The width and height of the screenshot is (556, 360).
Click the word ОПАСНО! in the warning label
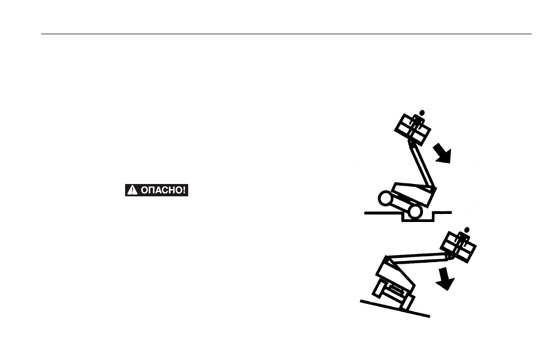(163, 190)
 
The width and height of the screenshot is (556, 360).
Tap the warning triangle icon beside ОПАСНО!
(132, 190)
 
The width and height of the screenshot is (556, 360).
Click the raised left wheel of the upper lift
(385, 198)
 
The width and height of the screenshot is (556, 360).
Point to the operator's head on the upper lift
(422, 113)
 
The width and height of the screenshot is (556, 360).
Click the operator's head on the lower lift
(467, 230)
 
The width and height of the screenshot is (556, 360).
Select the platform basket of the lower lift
(458, 247)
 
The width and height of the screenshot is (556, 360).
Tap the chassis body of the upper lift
(413, 194)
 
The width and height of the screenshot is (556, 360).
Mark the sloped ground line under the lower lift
(395, 309)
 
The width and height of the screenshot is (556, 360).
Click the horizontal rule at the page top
(287, 34)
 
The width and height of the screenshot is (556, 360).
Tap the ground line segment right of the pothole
(443, 213)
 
